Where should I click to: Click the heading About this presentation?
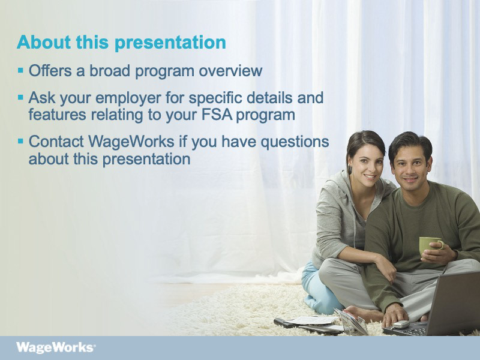point(122,42)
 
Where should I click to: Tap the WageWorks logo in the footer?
point(56,348)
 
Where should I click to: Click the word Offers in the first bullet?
point(50,70)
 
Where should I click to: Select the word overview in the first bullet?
point(230,71)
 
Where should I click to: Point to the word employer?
point(128,98)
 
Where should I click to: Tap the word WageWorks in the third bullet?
point(131,142)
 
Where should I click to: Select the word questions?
point(295,142)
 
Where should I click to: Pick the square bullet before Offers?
point(20,71)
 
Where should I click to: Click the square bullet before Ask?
point(20,98)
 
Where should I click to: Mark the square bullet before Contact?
point(20,142)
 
